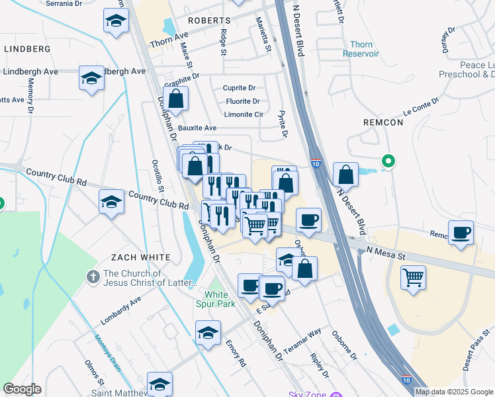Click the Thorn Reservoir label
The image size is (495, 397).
point(360,49)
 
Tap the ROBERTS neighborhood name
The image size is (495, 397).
point(208,21)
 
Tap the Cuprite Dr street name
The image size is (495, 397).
point(239,88)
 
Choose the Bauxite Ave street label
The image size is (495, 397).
point(197,128)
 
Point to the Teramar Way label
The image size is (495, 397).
point(302,340)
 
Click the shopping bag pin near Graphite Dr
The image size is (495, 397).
point(177,99)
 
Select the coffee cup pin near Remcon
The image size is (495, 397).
point(461,232)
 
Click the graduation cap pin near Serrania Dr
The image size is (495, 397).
point(116,21)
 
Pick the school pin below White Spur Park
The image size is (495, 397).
point(208,333)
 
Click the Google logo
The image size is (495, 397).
point(22,389)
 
